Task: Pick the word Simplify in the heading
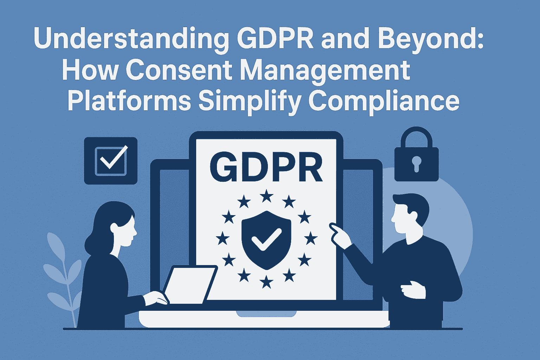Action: [250, 102]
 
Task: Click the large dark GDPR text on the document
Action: [266, 167]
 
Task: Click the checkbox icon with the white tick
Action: [111, 161]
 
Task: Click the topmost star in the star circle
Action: [266, 196]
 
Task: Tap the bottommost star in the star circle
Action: [266, 282]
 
